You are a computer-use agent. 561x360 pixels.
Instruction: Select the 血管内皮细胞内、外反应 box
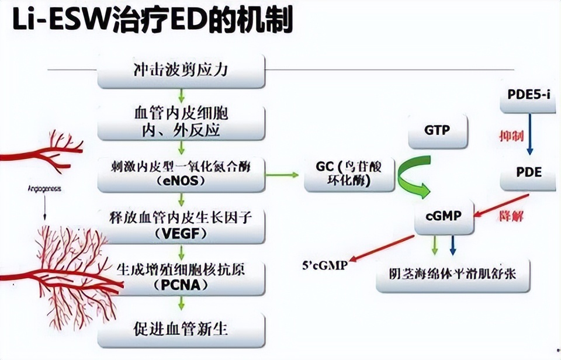coord(181,122)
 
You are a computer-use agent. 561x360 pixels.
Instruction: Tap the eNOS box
coord(181,173)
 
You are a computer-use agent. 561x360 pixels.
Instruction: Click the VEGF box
coord(181,225)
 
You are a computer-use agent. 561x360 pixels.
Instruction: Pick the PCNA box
coord(181,277)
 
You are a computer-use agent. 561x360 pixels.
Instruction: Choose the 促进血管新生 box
coord(181,329)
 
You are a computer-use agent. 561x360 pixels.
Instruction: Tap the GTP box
coord(437,130)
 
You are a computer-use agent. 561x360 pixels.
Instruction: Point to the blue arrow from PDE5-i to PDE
coord(529,134)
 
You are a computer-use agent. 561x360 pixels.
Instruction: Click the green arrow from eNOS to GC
coord(285,174)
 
